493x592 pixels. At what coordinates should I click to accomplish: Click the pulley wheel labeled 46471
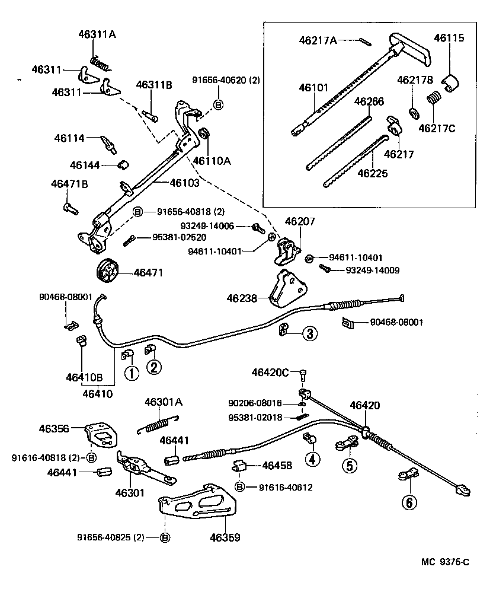(x=107, y=272)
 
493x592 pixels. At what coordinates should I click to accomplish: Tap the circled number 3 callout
(x=310, y=333)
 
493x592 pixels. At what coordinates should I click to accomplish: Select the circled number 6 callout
(x=408, y=502)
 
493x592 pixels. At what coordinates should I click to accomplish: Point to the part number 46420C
(x=270, y=373)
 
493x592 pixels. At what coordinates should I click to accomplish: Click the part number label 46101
(x=313, y=87)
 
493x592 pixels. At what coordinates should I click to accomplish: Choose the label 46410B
(x=84, y=377)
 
